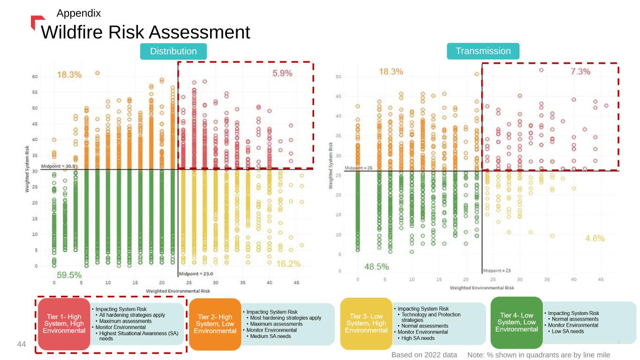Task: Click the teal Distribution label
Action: [173, 51]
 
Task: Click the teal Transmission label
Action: [483, 51]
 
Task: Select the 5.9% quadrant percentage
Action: [282, 73]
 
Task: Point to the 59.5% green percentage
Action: [69, 275]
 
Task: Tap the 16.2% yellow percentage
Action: [288, 264]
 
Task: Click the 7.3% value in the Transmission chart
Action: [580, 72]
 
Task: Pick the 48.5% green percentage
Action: [376, 267]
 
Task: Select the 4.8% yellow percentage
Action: [595, 238]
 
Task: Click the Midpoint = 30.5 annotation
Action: [59, 166]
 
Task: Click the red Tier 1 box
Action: [64, 323]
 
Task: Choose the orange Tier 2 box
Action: [215, 323]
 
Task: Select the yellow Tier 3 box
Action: [366, 323]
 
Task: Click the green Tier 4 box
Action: [516, 322]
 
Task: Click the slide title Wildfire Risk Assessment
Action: [145, 32]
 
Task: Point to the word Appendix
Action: [78, 13]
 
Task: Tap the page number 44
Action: [21, 345]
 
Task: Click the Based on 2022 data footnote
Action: [424, 355]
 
